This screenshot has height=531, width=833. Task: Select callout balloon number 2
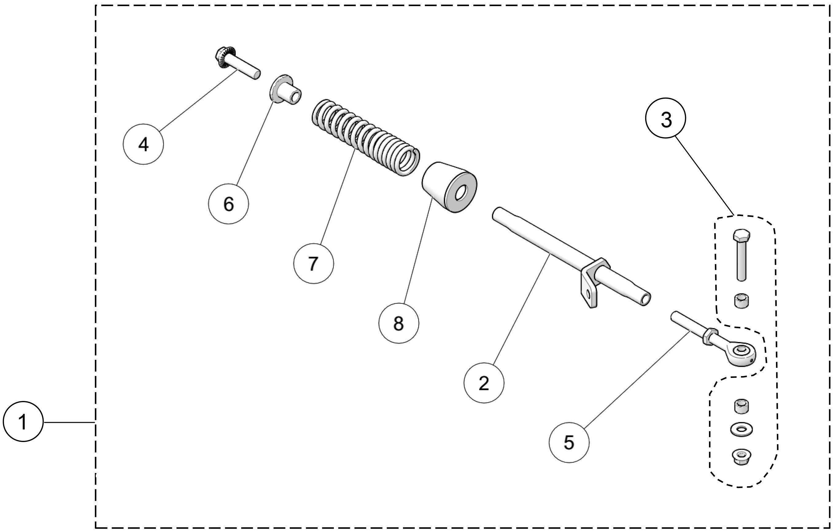pos(484,383)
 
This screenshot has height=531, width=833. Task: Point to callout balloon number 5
pos(569,442)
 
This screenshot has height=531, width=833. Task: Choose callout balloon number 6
pos(228,204)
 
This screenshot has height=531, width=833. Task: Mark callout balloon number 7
pos(313,264)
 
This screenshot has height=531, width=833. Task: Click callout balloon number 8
pos(398,323)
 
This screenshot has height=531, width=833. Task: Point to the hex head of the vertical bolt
pos(741,236)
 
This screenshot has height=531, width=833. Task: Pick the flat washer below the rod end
pos(741,429)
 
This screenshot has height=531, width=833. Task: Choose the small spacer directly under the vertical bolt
pos(741,301)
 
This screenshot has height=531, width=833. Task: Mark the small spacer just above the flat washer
pos(741,406)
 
